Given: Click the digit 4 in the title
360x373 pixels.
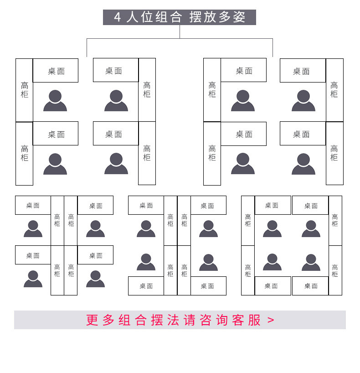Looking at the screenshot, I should (x=118, y=17).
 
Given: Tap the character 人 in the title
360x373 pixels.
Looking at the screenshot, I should (x=133, y=17).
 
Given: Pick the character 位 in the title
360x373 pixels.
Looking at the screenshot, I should (x=147, y=17).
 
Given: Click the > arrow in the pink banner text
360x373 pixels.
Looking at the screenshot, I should (x=271, y=320).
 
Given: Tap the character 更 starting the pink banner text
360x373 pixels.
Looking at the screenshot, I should (x=93, y=320).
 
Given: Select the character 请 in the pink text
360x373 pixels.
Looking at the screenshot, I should (x=190, y=320).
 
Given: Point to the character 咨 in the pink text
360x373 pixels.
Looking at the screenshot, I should (x=206, y=320).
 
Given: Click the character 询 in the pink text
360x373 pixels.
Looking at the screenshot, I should (x=222, y=320).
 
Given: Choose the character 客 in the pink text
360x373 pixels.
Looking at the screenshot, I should (x=238, y=320).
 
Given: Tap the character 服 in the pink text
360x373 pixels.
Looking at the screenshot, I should (x=255, y=320).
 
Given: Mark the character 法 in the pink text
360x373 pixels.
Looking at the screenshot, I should (x=173, y=320).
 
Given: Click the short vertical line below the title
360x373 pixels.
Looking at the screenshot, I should (x=180, y=31).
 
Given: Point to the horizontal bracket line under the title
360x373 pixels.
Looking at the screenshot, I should (x=137, y=39).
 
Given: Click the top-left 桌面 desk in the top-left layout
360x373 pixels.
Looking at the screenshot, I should (x=56, y=71).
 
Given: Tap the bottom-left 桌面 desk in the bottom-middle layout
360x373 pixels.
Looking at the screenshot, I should (x=146, y=286).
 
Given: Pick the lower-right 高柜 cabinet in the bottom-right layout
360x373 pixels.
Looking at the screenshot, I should (x=335, y=270).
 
